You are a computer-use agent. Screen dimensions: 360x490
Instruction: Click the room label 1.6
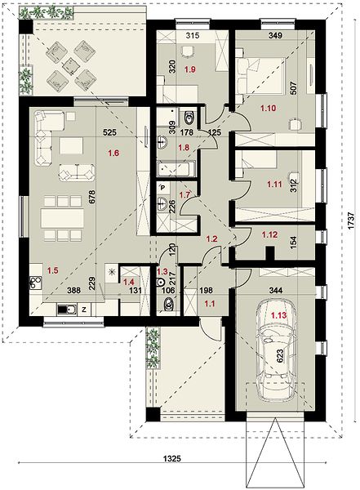click(x=113, y=154)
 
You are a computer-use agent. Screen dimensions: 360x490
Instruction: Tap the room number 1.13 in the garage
click(x=278, y=315)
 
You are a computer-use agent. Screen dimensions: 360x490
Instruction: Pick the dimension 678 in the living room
click(x=92, y=198)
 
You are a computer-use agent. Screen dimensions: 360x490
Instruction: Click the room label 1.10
click(x=268, y=109)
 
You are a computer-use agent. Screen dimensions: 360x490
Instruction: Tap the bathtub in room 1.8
click(x=176, y=168)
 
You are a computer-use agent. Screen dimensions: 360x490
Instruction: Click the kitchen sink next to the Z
click(x=67, y=310)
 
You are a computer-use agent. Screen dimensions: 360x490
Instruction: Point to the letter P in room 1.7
click(x=162, y=188)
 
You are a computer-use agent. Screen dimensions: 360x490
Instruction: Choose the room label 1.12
click(x=269, y=234)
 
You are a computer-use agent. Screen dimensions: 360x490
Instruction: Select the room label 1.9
click(x=190, y=69)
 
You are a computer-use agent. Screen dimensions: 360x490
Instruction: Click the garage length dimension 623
click(x=280, y=355)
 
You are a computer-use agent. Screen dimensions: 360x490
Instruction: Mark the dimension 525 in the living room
click(x=110, y=133)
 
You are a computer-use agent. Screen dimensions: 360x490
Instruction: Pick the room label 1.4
click(x=129, y=282)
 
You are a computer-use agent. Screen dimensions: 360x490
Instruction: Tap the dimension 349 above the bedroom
click(x=275, y=35)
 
